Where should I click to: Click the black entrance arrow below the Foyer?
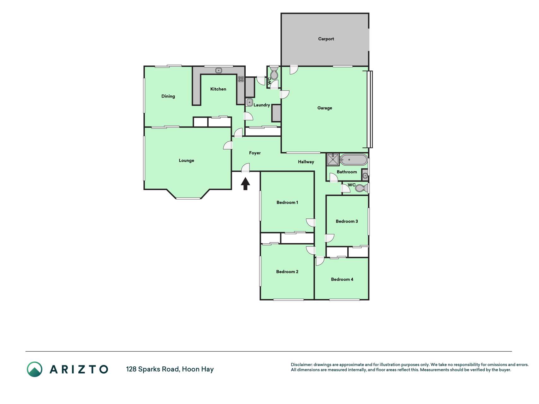point(245,184)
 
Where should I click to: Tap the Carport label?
point(326,39)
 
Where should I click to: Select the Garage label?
point(325,108)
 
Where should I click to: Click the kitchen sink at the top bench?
point(219,70)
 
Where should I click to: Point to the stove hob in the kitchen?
point(241,79)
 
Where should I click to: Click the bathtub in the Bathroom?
point(354,160)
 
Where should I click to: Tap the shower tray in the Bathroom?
point(333,159)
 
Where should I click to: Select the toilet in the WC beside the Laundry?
point(274,73)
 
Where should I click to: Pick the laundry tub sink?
point(249,102)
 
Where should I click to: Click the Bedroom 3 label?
point(347,221)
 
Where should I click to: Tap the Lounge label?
point(186,161)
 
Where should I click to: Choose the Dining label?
point(168,96)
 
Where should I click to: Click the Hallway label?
point(306,162)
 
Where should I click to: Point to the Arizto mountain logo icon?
point(34,369)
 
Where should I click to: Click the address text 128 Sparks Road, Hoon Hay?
point(170,369)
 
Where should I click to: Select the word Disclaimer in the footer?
point(301,365)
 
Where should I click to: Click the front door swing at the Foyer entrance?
point(246,168)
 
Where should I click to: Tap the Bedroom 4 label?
point(342,279)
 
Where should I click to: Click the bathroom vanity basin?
point(365,175)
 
